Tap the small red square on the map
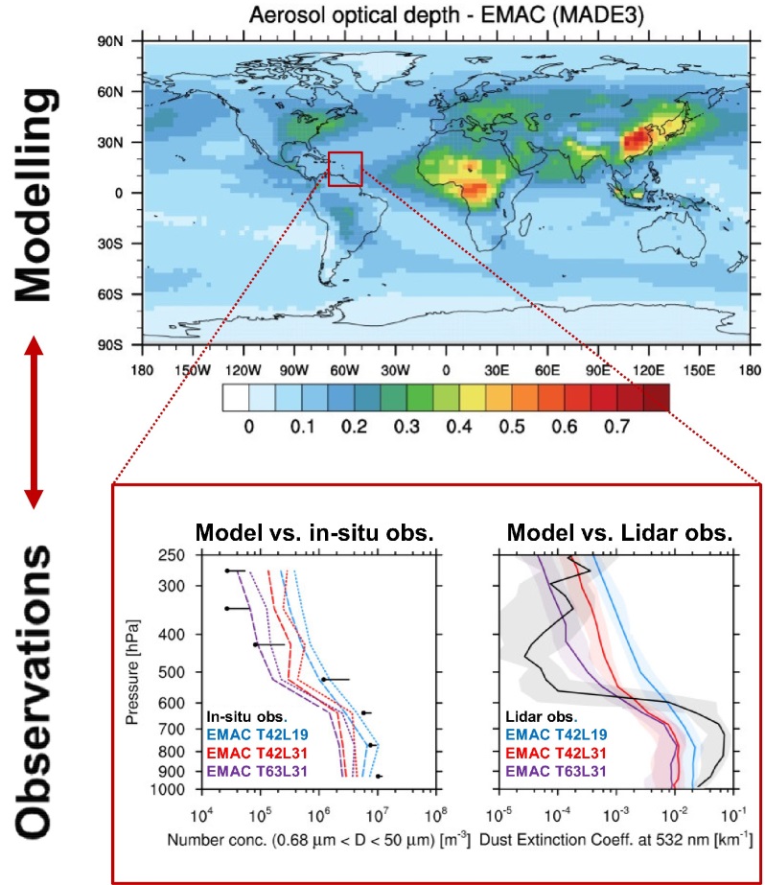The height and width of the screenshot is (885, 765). point(344,168)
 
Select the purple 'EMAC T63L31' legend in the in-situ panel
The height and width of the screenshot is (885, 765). point(254,771)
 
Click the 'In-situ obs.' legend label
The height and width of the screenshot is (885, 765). point(248,716)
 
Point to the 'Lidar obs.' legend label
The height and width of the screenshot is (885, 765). point(541,716)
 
